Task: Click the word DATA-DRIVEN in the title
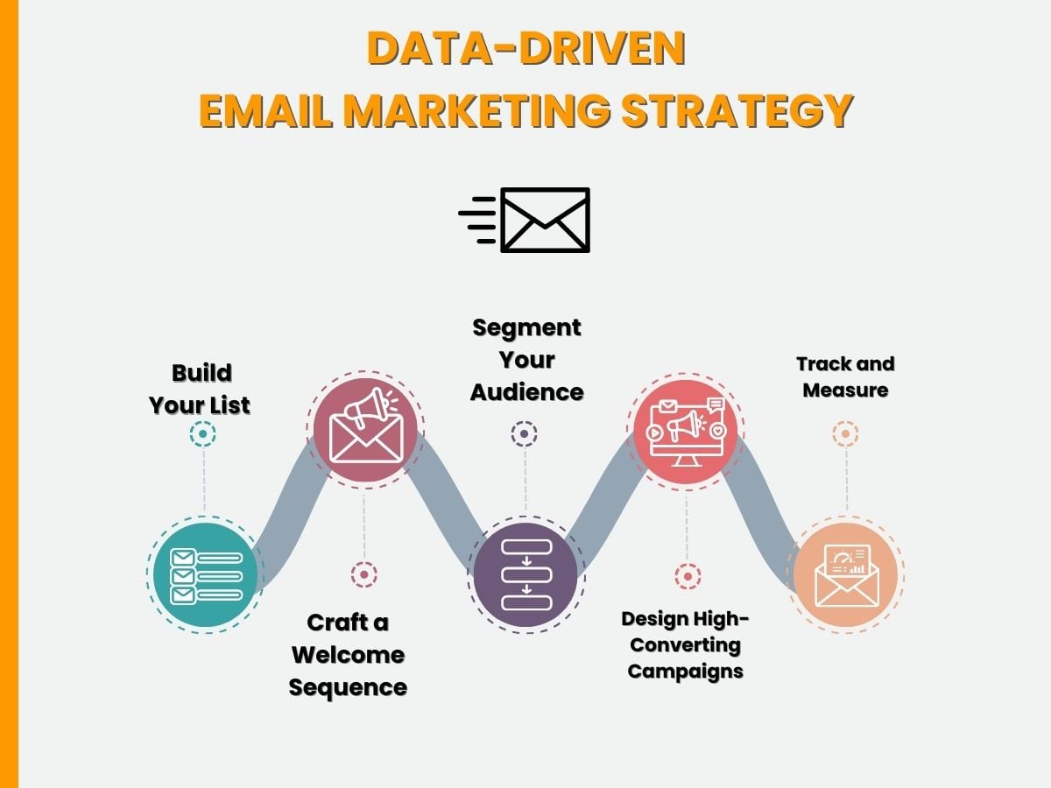526,48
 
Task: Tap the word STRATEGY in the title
737,110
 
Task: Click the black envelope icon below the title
525,220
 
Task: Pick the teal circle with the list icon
206,574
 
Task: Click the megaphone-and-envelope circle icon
366,430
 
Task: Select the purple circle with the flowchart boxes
525,574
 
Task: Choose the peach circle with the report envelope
845,574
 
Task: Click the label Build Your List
200,389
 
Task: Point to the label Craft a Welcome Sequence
348,655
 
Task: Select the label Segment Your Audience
526,360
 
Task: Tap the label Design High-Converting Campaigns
685,645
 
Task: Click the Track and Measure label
845,377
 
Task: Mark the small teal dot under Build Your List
202,434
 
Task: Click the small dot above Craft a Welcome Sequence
363,574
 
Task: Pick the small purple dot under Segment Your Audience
524,434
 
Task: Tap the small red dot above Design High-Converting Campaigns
688,576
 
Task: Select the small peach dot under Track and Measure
845,434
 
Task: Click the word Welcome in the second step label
348,655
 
